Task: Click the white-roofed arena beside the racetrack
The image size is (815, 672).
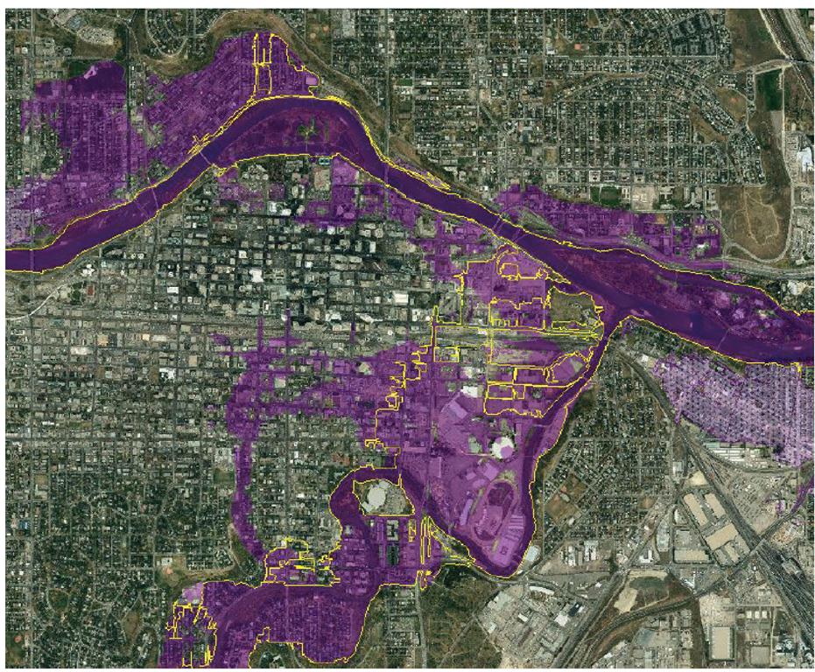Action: tap(502, 448)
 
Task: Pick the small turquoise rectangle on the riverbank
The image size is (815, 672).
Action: tap(326, 160)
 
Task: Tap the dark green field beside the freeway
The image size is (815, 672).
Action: tap(769, 87)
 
